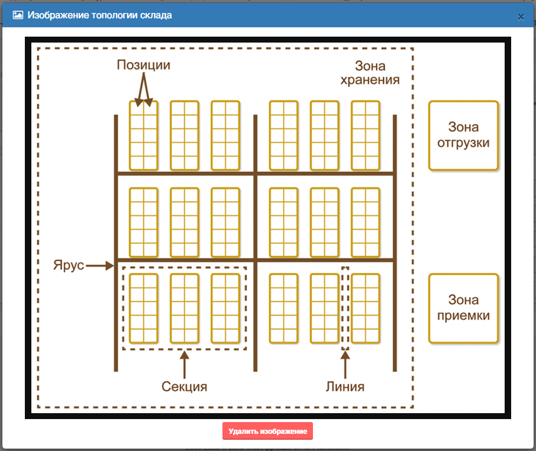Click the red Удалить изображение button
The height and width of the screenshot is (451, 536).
(267, 431)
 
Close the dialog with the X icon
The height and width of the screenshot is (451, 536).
(521, 17)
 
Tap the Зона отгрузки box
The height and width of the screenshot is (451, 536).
(464, 135)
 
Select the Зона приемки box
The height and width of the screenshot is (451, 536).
(464, 309)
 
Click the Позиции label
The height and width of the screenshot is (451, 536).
(144, 65)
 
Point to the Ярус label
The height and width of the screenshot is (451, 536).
(69, 265)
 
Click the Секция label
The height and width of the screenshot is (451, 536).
(184, 387)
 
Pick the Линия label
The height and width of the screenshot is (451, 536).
(345, 387)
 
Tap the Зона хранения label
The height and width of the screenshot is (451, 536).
(370, 73)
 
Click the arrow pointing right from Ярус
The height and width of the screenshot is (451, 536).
(99, 265)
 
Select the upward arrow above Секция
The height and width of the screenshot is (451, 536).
(185, 365)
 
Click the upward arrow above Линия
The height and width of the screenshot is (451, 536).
(346, 365)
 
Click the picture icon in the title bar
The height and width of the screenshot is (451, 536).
(18, 15)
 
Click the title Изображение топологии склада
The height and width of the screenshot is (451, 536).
(100, 15)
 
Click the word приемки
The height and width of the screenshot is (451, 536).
(464, 316)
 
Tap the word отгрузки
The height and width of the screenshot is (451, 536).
(464, 143)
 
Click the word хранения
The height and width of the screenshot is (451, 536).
(370, 80)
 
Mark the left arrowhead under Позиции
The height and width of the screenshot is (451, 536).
(138, 102)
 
